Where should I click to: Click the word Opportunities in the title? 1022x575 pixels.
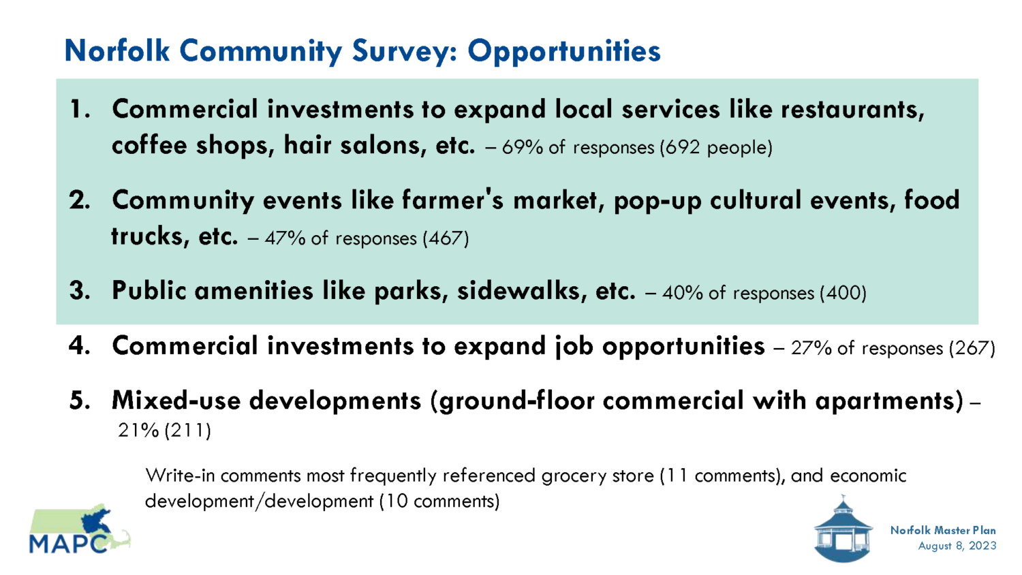tap(564, 52)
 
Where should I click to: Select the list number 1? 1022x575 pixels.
tap(80, 110)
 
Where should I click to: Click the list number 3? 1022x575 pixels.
tap(80, 291)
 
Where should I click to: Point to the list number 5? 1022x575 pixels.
tap(80, 401)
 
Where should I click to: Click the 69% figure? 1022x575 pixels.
tap(522, 147)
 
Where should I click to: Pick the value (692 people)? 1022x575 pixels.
tap(716, 148)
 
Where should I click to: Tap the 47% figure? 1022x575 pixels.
tap(285, 238)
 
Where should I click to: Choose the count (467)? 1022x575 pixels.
tap(446, 238)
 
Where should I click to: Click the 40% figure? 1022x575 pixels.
tap(683, 293)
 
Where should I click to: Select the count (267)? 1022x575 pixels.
tap(972, 348)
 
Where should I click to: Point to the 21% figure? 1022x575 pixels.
tap(138, 431)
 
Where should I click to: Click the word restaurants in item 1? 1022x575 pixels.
tap(853, 110)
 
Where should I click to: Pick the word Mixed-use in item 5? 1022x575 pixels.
tap(176, 401)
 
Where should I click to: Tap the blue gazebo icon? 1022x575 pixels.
tap(843, 529)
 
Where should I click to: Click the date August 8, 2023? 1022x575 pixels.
tap(957, 546)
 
